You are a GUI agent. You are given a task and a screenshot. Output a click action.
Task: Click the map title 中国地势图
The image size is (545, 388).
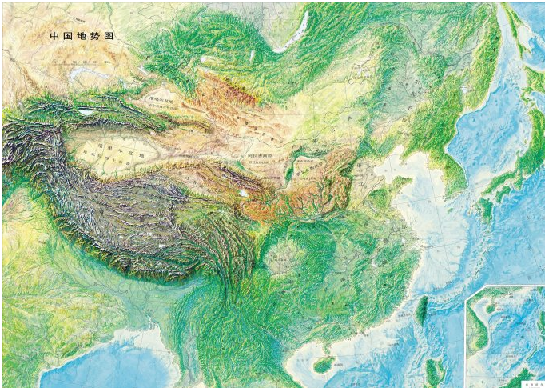82,37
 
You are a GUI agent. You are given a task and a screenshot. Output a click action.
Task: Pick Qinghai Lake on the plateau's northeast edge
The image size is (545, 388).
241,193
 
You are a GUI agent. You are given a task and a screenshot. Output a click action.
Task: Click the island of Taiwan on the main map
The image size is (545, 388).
421,310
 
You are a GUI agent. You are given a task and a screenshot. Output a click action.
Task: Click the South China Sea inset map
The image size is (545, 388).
505,336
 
